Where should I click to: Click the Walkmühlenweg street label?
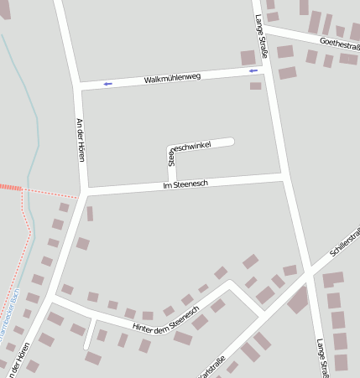(x=172, y=78)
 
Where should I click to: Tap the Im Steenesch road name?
(x=185, y=184)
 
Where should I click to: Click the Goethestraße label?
(x=339, y=43)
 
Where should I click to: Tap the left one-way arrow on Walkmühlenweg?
(x=107, y=84)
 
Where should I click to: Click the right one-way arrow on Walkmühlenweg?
(x=253, y=71)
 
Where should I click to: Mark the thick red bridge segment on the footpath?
(x=10, y=187)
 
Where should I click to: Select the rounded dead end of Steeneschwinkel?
(x=229, y=141)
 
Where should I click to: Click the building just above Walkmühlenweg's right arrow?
(x=248, y=58)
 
